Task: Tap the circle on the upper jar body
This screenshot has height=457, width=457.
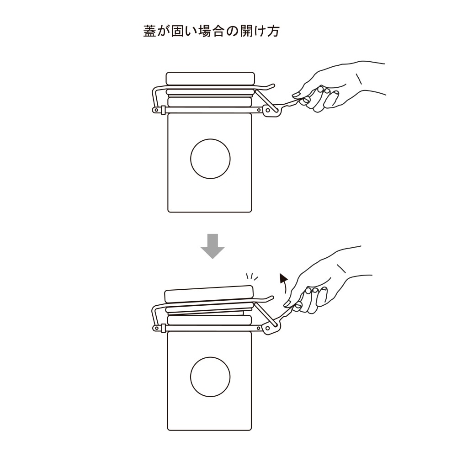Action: [210, 159]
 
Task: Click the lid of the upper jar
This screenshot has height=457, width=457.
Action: [210, 78]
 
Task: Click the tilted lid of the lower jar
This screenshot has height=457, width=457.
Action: [209, 294]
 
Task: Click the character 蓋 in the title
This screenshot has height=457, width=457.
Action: [150, 32]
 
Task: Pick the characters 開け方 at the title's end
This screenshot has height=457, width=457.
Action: [260, 32]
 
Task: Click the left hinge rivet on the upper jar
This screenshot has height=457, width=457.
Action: [156, 110]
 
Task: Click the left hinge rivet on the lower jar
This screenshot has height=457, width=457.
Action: [156, 328]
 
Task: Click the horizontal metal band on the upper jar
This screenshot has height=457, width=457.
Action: [210, 110]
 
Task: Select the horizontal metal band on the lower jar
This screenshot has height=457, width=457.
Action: [210, 328]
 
